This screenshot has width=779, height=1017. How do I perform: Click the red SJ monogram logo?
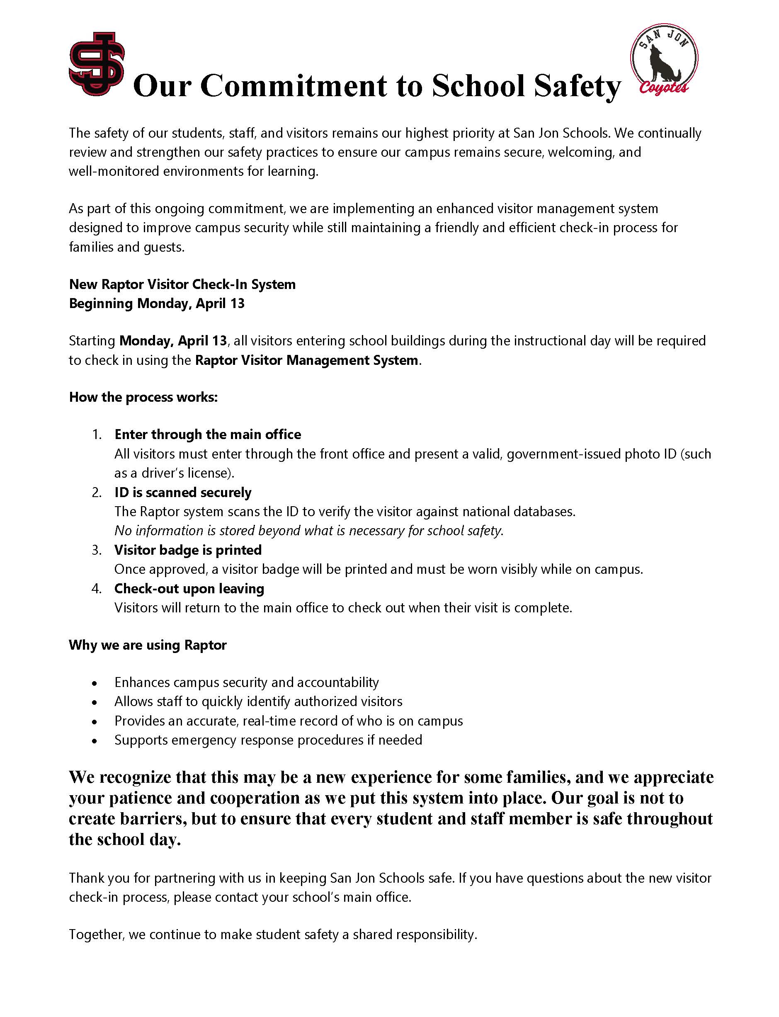pos(97,64)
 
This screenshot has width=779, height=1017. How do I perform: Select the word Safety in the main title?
pos(577,87)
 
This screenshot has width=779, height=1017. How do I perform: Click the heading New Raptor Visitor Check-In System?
pos(182,284)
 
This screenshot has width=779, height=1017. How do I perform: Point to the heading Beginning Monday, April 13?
pos(157,303)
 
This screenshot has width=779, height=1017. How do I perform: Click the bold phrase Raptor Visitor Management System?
pos(306,360)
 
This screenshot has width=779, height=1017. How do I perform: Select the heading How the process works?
pos(143,398)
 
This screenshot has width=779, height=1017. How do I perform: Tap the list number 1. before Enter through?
pos(97,434)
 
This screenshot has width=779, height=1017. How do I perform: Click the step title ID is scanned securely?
pos(183,492)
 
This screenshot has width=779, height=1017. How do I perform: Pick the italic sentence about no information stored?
pos(309,531)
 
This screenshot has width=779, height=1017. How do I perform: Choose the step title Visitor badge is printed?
pos(188,550)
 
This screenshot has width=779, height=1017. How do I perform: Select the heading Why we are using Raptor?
pos(148,645)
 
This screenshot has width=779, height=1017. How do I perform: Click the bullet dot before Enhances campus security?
pos(95,684)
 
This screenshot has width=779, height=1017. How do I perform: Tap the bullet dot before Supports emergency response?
pos(95,741)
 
